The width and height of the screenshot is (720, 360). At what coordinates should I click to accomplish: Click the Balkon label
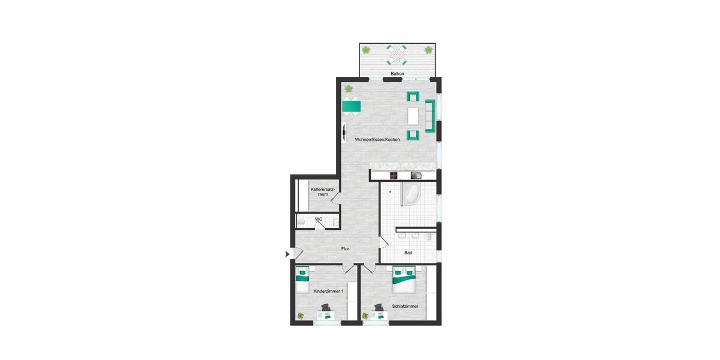pos(397,74)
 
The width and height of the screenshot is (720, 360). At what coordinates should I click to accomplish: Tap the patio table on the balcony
pos(397,56)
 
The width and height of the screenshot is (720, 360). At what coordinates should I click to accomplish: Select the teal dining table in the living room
pos(352,107)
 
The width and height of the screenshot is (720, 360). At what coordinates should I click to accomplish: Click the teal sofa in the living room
pos(430,116)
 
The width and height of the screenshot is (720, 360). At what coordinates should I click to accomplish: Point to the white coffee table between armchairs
pos(413,115)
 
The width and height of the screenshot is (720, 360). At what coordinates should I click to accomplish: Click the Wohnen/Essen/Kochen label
pos(377,139)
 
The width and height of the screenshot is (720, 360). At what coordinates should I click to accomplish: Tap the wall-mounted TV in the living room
pos(344,132)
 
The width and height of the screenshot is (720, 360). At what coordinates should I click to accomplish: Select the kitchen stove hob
pos(394,175)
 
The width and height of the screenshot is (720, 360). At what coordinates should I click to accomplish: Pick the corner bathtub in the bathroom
pos(412,194)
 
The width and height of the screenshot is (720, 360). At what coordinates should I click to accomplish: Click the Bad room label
pos(408,253)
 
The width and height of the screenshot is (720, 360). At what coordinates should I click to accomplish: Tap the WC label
pos(319,220)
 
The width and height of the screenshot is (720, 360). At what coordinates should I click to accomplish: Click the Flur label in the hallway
pos(344,248)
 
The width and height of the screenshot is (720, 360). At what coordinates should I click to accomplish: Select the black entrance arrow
pos(287,254)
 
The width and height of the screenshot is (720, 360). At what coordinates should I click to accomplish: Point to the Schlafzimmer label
pos(405,306)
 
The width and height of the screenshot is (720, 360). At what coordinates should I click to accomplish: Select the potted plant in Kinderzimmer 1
pos(300,316)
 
